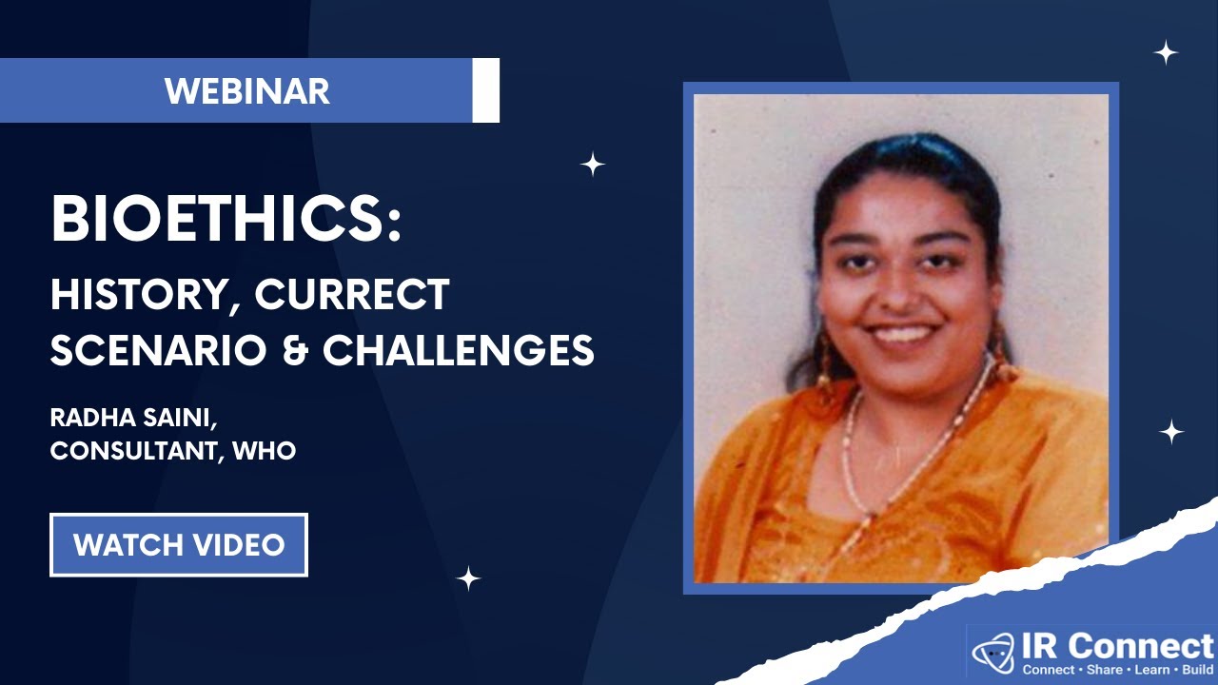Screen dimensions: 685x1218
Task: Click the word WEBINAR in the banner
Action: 246,91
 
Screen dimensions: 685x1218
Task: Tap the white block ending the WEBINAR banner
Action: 485,90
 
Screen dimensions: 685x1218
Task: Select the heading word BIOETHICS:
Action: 226,221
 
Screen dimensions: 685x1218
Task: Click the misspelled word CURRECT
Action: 351,296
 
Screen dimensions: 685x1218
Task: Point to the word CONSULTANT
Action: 134,450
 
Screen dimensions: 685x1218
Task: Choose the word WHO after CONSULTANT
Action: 264,450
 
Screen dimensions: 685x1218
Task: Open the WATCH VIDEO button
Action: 179,545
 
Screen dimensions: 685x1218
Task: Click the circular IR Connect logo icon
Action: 993,653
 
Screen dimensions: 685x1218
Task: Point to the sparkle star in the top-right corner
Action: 1166,52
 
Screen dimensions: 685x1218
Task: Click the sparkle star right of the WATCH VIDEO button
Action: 467,578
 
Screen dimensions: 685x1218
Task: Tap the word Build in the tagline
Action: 1196,670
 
